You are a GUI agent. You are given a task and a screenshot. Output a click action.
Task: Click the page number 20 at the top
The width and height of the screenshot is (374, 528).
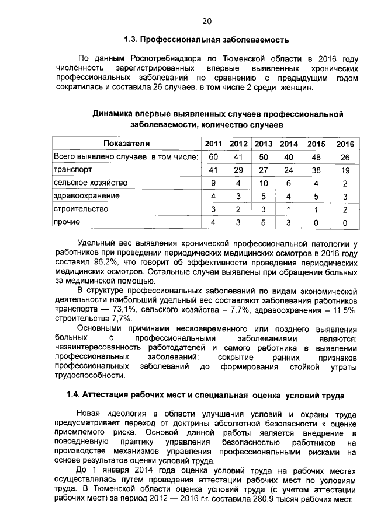[x=206, y=22]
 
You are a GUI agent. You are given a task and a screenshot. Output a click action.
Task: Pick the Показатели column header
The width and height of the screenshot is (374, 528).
[x=126, y=144]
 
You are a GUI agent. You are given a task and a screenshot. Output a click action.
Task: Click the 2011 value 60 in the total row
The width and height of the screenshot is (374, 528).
[x=213, y=157]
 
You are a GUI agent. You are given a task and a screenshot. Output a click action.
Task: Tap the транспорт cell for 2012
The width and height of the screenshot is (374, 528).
[x=238, y=170]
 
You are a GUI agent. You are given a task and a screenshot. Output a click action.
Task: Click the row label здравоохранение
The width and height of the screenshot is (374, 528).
[x=86, y=195]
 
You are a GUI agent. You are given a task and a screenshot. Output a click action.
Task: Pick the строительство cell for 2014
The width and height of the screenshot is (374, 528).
[x=289, y=209]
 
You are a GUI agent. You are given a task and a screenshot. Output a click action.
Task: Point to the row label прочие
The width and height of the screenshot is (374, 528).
[x=67, y=222]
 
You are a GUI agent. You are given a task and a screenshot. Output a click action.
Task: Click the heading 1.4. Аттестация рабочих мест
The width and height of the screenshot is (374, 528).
[x=206, y=394]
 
